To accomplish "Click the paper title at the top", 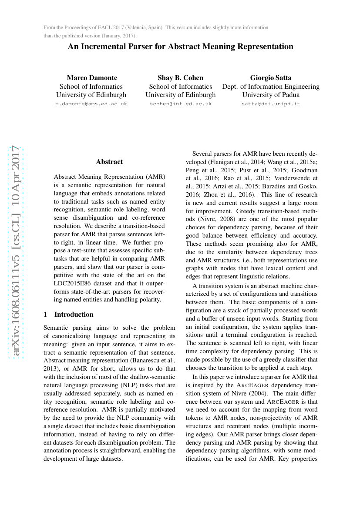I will pos(180,47).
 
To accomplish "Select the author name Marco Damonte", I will pos(92,78).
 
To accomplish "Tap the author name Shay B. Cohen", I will pos(180,78).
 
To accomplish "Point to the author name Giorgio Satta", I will pos(271,78).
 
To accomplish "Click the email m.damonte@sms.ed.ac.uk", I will pos(91,104).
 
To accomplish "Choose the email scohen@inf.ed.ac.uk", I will pos(180,104).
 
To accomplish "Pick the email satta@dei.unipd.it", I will pos(271,104).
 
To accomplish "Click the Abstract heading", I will pos(109,162).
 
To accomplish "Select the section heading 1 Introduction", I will pos(69,314).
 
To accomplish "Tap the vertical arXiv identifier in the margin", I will pos(16,250).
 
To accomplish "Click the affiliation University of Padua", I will pos(271,95).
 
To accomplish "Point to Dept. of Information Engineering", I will pos(271,87).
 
